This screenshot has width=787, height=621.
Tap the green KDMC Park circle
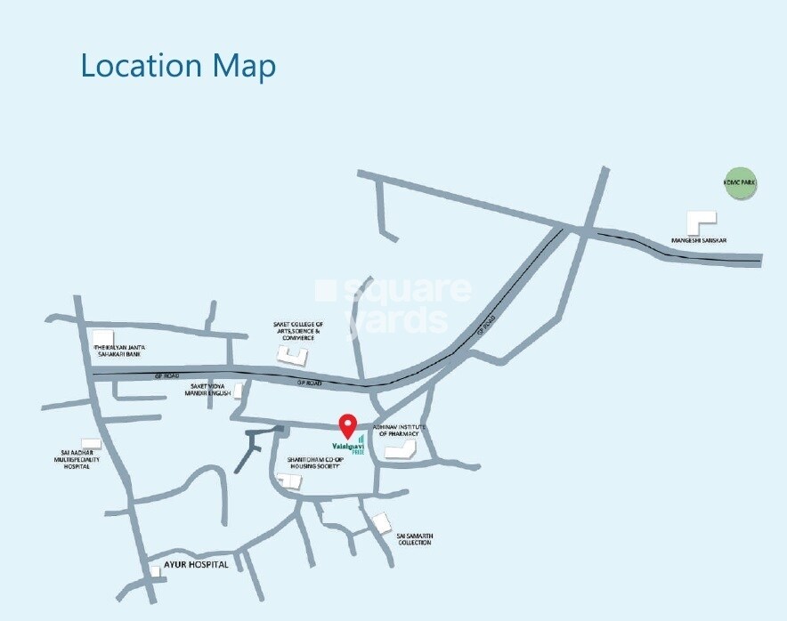pyautogui.click(x=740, y=182)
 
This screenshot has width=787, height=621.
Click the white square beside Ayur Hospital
pyautogui.click(x=155, y=571)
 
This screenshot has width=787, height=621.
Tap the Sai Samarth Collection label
pyautogui.click(x=414, y=539)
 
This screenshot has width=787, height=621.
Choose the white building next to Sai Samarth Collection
pyautogui.click(x=382, y=523)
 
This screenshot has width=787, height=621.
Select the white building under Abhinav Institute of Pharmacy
pyautogui.click(x=402, y=449)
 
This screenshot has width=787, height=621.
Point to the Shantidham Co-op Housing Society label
pyautogui.click(x=314, y=464)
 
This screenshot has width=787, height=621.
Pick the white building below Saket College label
pyautogui.click(x=291, y=354)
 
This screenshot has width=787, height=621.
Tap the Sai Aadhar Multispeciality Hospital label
pyautogui.click(x=74, y=459)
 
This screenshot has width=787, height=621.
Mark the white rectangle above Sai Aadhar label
pyautogui.click(x=90, y=442)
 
